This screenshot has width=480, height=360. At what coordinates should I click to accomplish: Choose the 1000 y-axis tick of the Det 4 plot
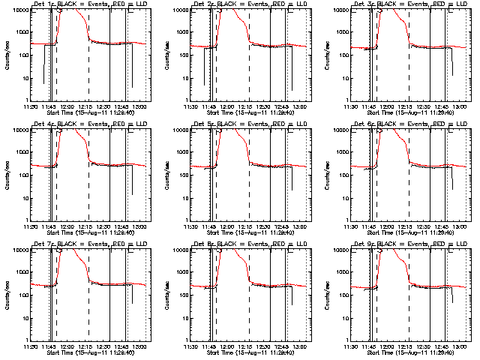click(23, 151)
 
